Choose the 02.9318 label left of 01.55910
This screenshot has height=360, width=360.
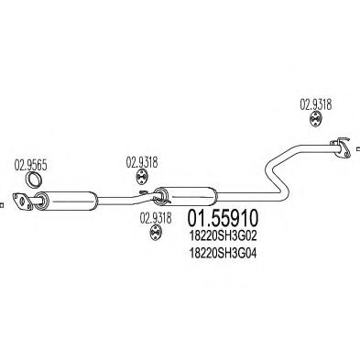pyautogui.click(x=156, y=218)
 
